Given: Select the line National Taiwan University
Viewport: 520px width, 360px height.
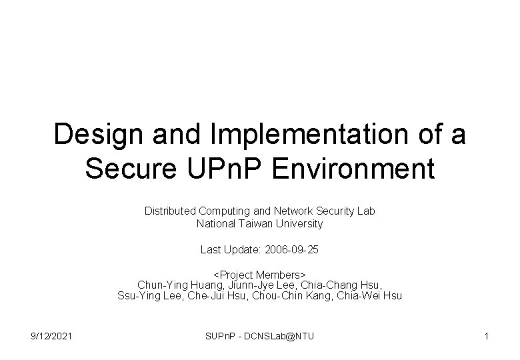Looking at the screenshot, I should (x=260, y=224).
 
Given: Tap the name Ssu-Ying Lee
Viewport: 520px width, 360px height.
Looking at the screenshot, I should (x=143, y=296).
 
